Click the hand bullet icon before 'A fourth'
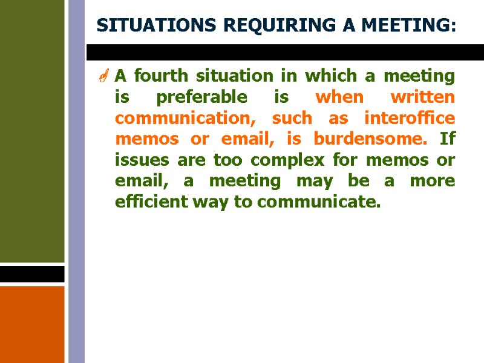[104, 77]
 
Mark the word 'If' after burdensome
[447, 139]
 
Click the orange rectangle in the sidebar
[32, 324]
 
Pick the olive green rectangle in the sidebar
[32, 130]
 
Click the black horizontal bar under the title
[284, 52]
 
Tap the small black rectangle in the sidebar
[32, 274]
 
